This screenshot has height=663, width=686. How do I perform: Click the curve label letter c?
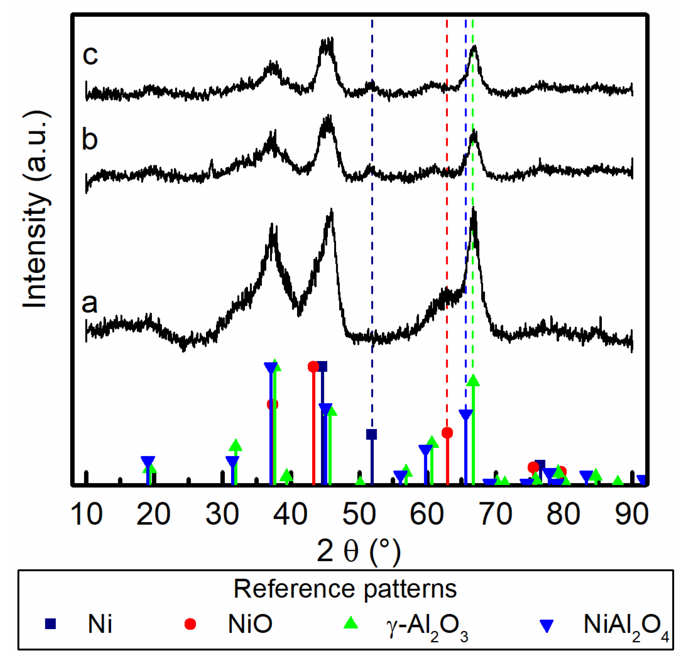coord(90,55)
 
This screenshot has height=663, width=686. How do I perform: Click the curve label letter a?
coord(90,303)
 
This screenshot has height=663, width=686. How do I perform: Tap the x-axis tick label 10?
coord(86,514)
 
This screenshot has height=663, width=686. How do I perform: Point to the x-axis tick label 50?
coord(359,514)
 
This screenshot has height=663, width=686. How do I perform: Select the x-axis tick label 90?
coord(632,514)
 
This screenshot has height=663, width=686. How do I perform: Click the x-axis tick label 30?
coord(222,514)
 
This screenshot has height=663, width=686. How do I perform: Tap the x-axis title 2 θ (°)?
coord(358,551)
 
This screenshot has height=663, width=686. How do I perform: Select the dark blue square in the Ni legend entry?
coord(50,624)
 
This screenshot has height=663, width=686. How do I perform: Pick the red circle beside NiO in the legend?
coord(190,624)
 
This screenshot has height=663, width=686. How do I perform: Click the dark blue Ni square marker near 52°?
coord(372,434)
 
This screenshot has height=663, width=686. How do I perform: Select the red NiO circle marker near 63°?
coord(447,433)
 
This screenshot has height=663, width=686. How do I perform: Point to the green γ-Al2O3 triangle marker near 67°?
coord(473,380)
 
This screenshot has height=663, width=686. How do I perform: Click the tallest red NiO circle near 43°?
coord(313,367)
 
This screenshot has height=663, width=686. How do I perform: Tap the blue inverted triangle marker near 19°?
coord(148,461)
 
